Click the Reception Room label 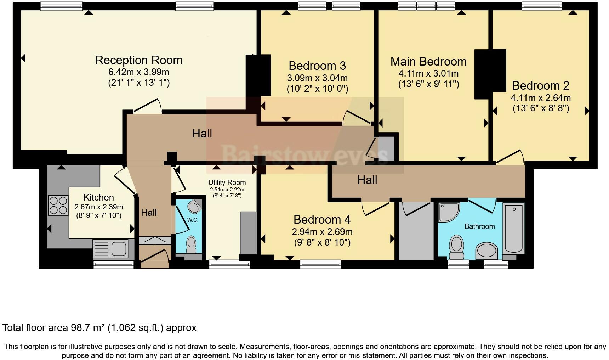(x=139, y=60)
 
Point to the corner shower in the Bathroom (x=449, y=212)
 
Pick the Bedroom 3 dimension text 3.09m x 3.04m (x=317, y=78)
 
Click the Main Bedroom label (x=428, y=62)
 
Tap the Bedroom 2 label (x=541, y=86)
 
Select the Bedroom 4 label (x=322, y=220)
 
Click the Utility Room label (x=227, y=182)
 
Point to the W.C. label (x=193, y=220)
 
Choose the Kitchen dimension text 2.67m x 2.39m (x=99, y=207)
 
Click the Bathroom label (x=480, y=226)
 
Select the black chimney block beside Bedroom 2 (x=490, y=74)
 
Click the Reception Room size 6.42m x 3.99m (x=139, y=72)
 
